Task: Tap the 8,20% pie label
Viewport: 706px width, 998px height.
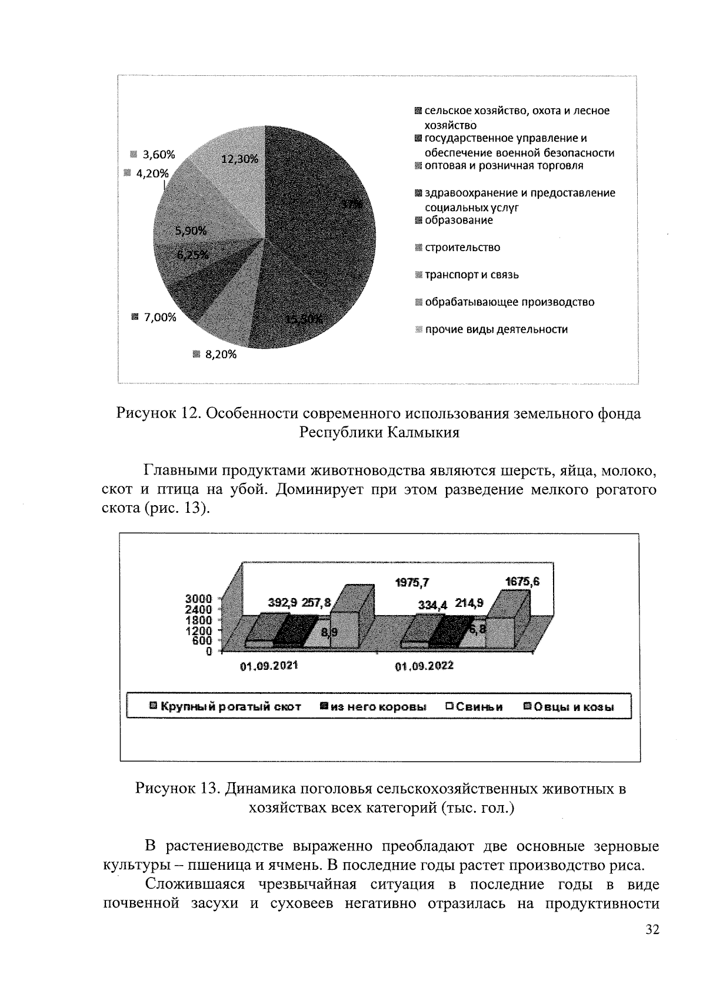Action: [x=220, y=354]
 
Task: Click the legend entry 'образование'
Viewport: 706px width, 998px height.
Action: [x=458, y=220]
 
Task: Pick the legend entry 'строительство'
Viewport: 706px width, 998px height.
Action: [x=462, y=248]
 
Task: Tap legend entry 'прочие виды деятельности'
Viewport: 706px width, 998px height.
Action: [x=496, y=329]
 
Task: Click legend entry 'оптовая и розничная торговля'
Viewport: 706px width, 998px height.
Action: [x=503, y=165]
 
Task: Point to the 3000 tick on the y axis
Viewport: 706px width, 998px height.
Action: [x=199, y=599]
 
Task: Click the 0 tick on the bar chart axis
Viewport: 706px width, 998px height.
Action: [x=209, y=651]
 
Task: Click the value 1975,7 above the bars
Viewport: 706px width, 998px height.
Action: [x=412, y=582]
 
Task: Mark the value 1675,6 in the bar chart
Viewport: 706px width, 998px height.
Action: [x=522, y=582]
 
